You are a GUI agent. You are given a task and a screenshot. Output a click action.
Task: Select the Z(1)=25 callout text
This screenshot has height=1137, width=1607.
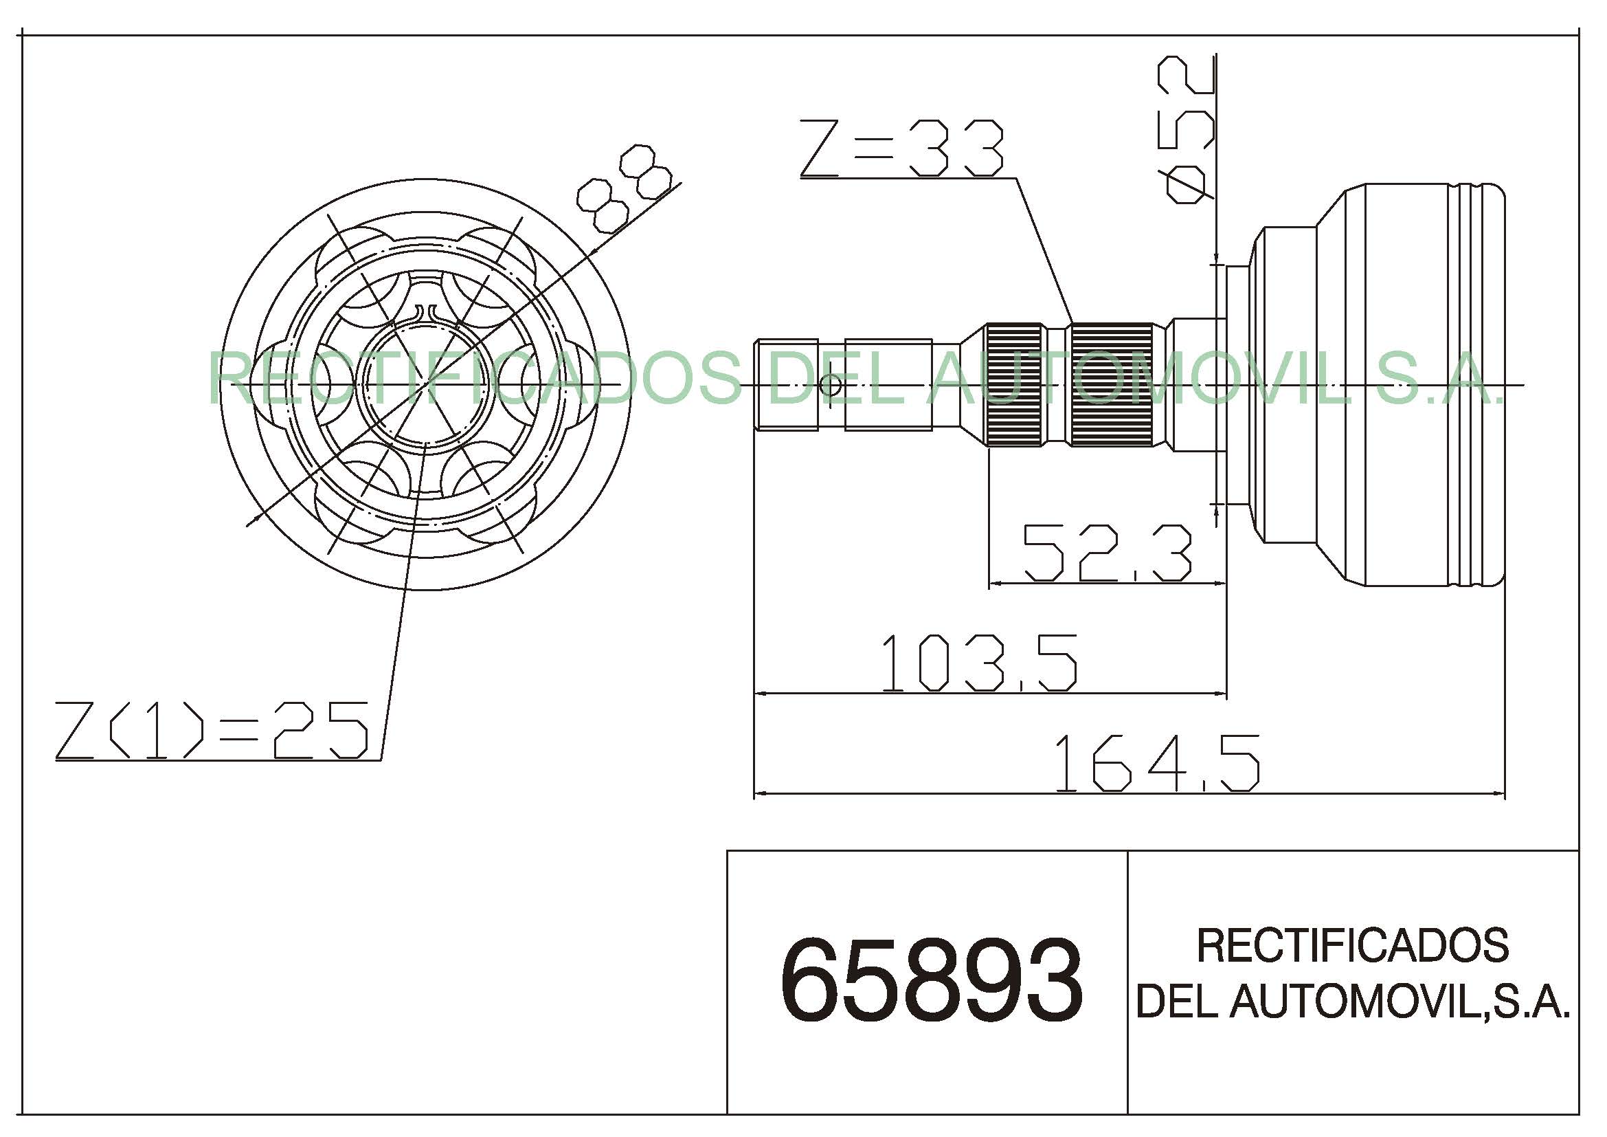point(212,730)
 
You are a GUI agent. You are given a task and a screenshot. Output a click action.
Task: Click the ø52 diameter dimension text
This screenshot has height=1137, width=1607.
point(1187,129)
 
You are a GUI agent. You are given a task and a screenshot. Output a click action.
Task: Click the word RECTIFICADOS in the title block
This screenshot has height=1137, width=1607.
point(1353,945)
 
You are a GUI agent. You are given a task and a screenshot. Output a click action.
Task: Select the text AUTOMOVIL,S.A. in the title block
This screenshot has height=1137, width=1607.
point(1400,1001)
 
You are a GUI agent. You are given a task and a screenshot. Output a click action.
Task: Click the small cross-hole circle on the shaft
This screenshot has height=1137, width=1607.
point(831,384)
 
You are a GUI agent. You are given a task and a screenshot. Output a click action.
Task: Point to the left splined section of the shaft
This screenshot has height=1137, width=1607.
point(1014,384)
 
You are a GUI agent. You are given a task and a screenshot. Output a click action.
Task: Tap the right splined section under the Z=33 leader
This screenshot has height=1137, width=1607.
point(1112,384)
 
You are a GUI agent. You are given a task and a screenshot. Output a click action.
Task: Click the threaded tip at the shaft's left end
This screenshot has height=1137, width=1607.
point(786,384)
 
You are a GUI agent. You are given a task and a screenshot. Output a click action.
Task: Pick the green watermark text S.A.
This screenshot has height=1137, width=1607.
point(1439,378)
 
